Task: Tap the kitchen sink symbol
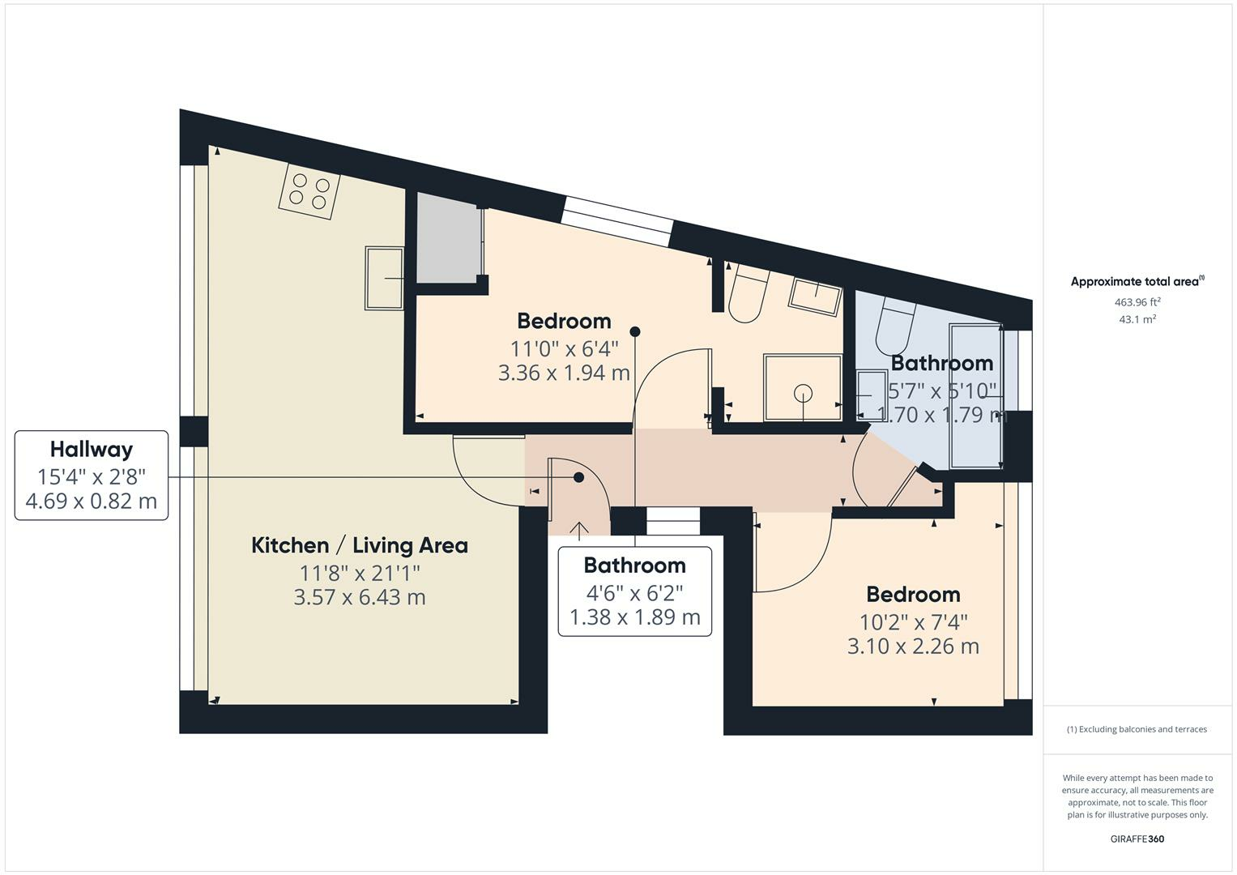pyautogui.click(x=384, y=278)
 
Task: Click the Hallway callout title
pyautogui.click(x=91, y=449)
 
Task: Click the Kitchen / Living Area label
pyautogui.click(x=359, y=545)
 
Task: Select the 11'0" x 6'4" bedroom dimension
pyautogui.click(x=564, y=349)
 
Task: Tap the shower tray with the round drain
pyautogui.click(x=802, y=387)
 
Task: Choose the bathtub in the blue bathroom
pyautogui.click(x=976, y=396)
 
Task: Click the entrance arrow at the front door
pyautogui.click(x=579, y=531)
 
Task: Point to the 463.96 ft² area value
pyautogui.click(x=1137, y=302)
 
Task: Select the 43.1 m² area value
pyautogui.click(x=1137, y=319)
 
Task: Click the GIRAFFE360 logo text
pyautogui.click(x=1137, y=839)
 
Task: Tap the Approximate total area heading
pyautogui.click(x=1137, y=282)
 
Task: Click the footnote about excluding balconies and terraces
pyautogui.click(x=1137, y=729)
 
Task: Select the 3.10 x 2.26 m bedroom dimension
pyautogui.click(x=913, y=647)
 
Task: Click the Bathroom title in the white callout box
pyautogui.click(x=634, y=566)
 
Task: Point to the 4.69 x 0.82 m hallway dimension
pyautogui.click(x=91, y=502)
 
